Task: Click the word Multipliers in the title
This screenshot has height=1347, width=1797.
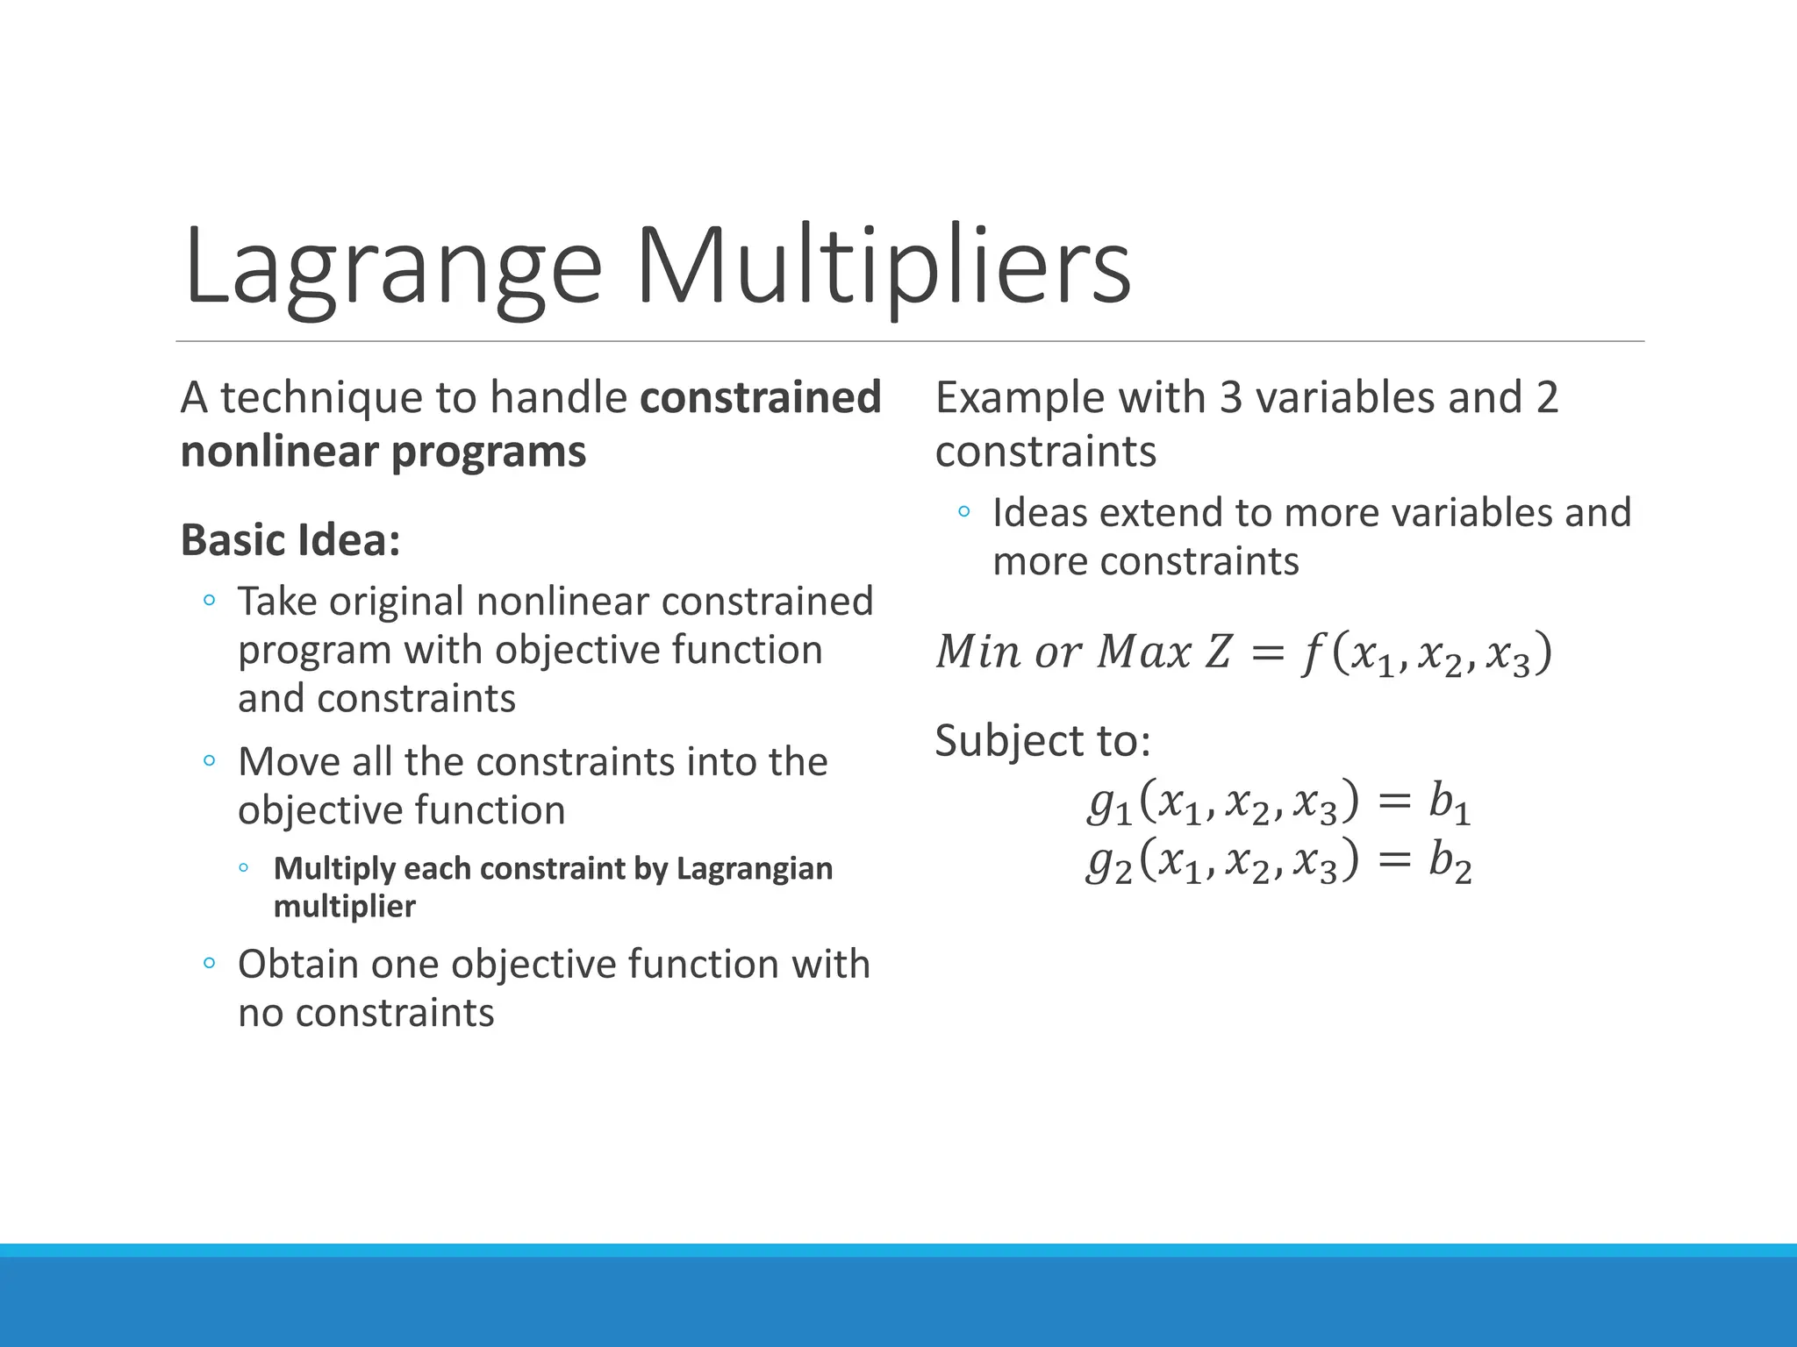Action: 883,266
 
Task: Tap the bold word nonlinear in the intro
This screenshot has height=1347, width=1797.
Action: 280,453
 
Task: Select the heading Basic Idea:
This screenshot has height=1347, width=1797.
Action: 290,540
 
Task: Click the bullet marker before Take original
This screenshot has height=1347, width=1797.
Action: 209,601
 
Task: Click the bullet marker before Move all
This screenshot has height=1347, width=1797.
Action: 209,760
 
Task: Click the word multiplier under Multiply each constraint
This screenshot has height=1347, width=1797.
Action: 344,906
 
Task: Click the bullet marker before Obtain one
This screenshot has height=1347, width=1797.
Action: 209,964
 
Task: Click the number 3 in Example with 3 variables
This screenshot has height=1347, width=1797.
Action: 1231,397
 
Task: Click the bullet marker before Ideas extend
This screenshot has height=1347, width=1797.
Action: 964,511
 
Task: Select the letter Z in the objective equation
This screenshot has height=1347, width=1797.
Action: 1219,652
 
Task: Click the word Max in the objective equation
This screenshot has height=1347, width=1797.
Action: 1144,652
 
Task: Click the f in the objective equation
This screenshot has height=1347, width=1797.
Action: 1311,653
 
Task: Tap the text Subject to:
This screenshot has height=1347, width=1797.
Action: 1042,740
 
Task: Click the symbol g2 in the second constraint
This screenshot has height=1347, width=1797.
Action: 1108,862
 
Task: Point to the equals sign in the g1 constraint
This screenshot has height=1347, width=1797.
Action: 1394,802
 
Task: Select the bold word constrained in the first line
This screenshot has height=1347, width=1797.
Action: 760,397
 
